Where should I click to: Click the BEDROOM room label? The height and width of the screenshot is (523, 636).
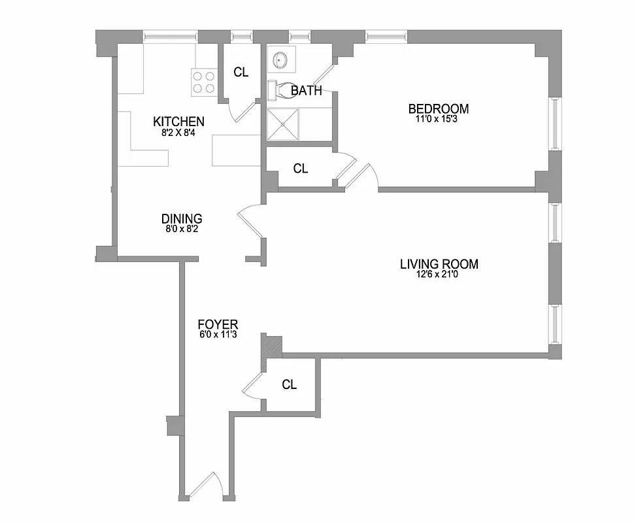(439, 109)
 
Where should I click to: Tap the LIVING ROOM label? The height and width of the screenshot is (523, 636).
(439, 264)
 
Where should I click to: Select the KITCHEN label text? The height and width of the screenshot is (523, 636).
(178, 121)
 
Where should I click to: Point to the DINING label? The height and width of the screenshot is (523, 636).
(182, 218)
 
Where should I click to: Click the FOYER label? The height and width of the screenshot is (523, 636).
(218, 324)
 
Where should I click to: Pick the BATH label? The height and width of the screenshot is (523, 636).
(306, 90)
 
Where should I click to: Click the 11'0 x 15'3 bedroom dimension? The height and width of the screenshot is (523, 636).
(439, 120)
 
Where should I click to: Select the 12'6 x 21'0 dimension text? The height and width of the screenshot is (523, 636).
(439, 275)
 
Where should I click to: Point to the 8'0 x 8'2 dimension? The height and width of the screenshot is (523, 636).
(182, 229)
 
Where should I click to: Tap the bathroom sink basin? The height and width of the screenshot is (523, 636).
(281, 60)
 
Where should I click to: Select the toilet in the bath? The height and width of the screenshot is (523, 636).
(278, 90)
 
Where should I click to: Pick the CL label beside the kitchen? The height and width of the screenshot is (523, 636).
(241, 72)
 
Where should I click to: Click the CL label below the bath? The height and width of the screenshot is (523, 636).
(300, 169)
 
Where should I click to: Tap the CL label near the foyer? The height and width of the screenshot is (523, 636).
(289, 384)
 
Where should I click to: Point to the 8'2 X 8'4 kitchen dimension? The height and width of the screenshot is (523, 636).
(178, 132)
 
